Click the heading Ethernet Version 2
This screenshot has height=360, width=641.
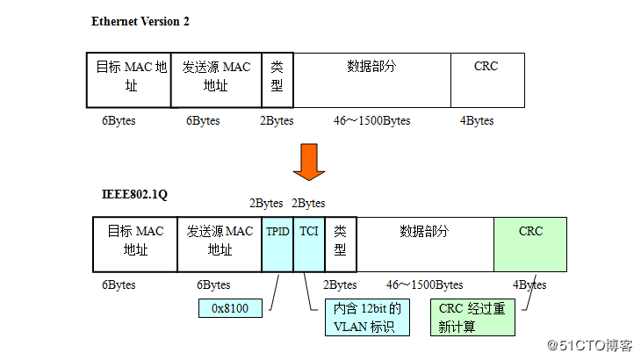coord(140,21)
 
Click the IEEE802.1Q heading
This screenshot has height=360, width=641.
coord(135,193)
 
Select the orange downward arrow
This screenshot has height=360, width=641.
coord(309,161)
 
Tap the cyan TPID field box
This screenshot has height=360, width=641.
coord(277,243)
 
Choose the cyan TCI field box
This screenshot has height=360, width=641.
coord(309,243)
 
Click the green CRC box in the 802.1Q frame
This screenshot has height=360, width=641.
coord(530,243)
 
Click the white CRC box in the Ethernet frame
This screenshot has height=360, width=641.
coord(487,79)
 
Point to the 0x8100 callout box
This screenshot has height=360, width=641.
coord(231,309)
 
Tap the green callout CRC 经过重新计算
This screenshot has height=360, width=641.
coord(472,318)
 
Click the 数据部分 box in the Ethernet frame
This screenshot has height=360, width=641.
coord(371,79)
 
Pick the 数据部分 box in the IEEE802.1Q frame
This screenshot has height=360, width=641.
coord(425,243)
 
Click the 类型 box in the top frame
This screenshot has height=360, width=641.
coord(277,79)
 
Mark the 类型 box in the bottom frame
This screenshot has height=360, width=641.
coord(341,243)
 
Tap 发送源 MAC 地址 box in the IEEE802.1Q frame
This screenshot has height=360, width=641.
coord(220,243)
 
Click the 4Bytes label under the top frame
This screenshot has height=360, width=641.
coord(477,121)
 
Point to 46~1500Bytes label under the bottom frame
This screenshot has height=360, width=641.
coord(424,285)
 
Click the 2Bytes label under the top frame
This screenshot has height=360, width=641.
coord(277,121)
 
